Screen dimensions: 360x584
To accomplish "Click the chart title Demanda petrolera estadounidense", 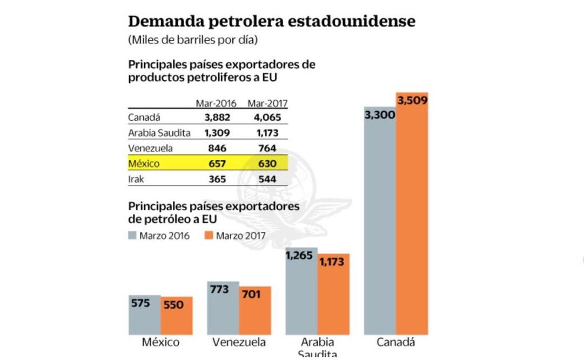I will [271, 22].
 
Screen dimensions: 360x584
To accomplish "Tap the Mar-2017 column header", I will [267, 104].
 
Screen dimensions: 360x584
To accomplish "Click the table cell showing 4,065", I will [267, 117].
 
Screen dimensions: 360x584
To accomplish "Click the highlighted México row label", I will [144, 163].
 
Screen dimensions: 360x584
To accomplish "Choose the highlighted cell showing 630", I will [267, 163].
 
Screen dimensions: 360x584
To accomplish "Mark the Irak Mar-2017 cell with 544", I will [267, 179].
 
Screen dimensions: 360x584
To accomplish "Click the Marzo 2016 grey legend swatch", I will [133, 236].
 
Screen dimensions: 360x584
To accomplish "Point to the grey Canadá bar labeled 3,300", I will [380, 227].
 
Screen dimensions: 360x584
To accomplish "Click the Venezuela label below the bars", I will [239, 343].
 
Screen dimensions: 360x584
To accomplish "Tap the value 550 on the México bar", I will [174, 305].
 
